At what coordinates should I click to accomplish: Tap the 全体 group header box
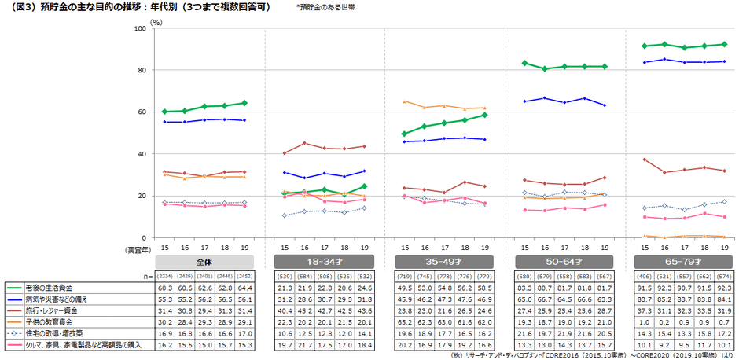(x=204, y=261)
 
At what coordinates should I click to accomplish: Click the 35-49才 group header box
(x=444, y=261)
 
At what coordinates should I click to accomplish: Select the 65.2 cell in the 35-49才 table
(x=406, y=322)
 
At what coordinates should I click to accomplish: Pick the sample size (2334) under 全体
(x=167, y=277)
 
